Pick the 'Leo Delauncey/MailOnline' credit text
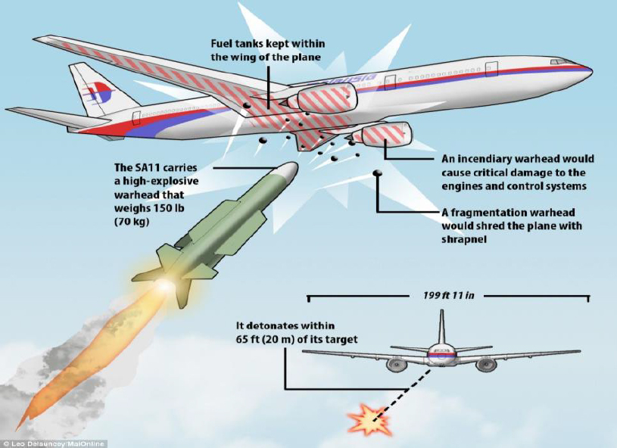pyautogui.click(x=55, y=443)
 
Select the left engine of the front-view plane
pyautogui.click(x=395, y=364)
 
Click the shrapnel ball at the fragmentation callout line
pyautogui.click(x=376, y=176)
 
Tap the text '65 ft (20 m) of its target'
pyautogui.click(x=296, y=339)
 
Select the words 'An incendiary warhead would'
pyautogui.click(x=518, y=160)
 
